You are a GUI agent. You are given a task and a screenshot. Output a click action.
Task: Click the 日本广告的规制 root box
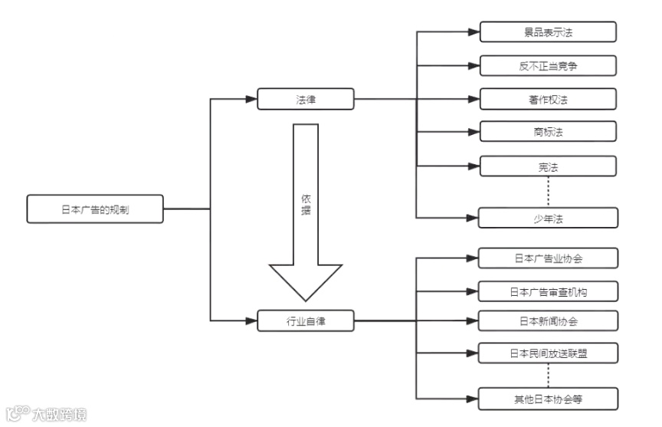click(95, 209)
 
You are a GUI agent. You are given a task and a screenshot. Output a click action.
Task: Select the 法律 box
click(306, 99)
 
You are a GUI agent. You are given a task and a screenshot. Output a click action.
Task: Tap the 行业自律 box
click(306, 320)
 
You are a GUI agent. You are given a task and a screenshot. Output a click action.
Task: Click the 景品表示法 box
click(548, 31)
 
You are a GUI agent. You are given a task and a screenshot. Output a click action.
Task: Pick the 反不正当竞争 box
click(548, 66)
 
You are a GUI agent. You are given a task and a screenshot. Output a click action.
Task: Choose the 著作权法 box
click(548, 100)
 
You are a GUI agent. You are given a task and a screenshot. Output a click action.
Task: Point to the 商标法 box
click(548, 132)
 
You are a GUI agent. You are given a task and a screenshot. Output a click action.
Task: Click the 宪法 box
click(548, 166)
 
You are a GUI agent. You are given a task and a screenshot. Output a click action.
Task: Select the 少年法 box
click(548, 218)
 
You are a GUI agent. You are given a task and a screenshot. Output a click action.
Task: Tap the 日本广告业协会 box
click(548, 258)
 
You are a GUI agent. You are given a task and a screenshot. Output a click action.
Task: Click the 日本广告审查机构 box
click(548, 291)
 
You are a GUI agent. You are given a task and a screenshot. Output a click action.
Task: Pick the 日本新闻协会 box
click(548, 320)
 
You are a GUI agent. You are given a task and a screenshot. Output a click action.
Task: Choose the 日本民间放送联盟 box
click(548, 353)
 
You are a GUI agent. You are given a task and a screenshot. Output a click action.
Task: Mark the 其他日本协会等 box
click(548, 399)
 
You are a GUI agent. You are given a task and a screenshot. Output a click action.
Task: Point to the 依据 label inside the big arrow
click(306, 204)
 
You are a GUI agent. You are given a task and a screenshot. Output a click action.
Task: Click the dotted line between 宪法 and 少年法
click(549, 192)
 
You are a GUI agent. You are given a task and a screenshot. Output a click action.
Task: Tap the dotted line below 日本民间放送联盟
click(549, 376)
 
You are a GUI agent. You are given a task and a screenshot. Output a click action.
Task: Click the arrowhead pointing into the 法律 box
click(251, 99)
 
